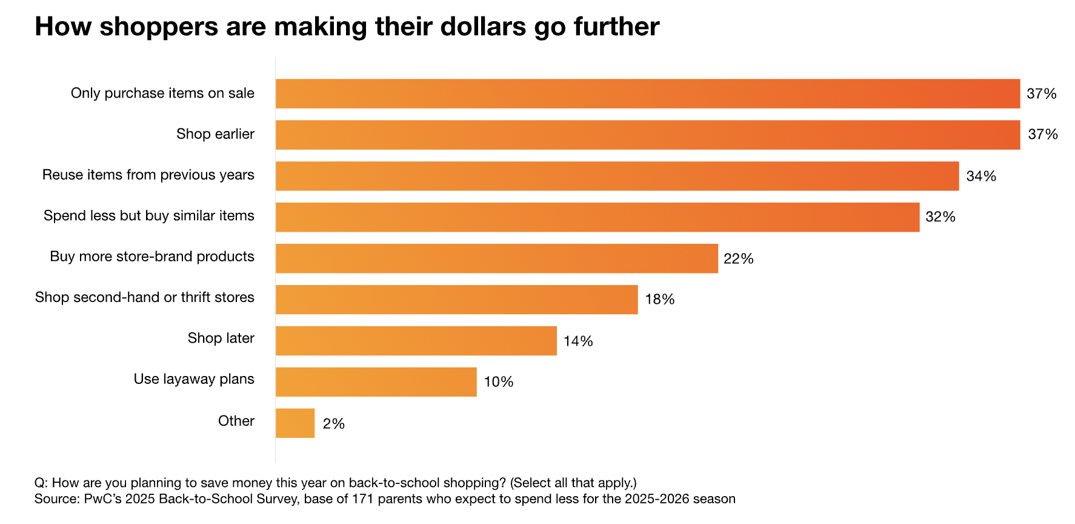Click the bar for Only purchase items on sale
(x=647, y=93)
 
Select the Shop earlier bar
(x=647, y=135)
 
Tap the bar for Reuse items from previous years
(x=617, y=176)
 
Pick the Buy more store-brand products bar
(x=496, y=258)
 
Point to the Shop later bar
(x=416, y=341)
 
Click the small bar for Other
(x=295, y=423)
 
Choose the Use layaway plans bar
(x=376, y=382)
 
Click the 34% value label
(x=981, y=176)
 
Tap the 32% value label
(x=940, y=217)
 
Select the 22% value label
(x=738, y=259)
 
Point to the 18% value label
(x=659, y=300)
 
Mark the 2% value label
(x=333, y=424)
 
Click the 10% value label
(x=498, y=382)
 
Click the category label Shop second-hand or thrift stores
(x=144, y=297)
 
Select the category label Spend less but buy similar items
(x=148, y=216)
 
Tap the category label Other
(x=236, y=421)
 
